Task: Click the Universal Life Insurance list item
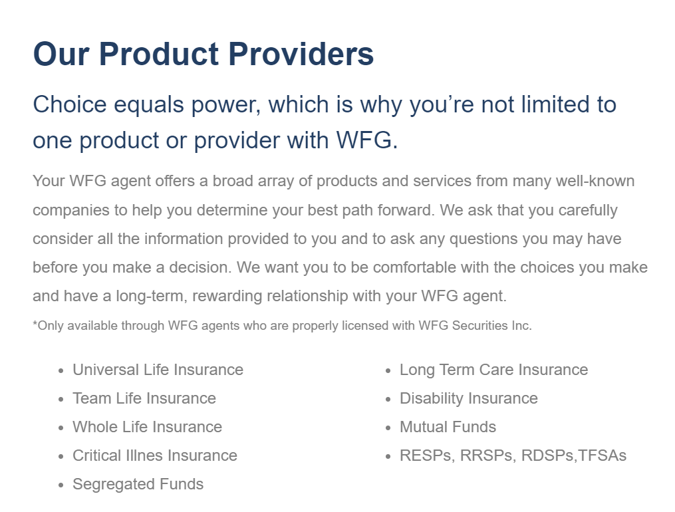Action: (x=158, y=370)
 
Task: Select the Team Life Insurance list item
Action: (x=144, y=398)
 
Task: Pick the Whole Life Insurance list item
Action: (x=147, y=427)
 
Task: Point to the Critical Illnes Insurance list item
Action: (x=155, y=455)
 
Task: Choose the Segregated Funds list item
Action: (x=138, y=484)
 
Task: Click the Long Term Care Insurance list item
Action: (x=493, y=370)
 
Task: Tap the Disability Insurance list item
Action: (x=468, y=398)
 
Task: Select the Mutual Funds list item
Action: (x=448, y=427)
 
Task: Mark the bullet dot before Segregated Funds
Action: (x=61, y=485)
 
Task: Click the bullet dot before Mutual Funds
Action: (x=388, y=428)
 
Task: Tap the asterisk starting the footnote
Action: (x=35, y=324)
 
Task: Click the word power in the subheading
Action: (x=227, y=105)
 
